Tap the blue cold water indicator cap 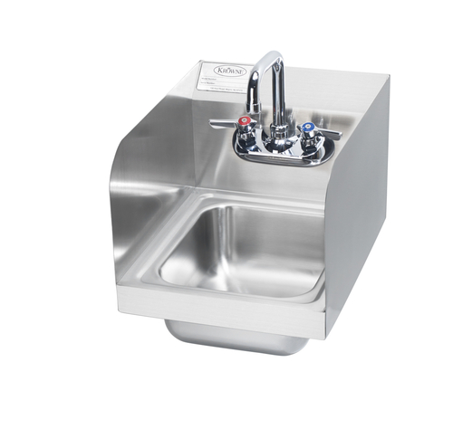[x=308, y=129]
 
